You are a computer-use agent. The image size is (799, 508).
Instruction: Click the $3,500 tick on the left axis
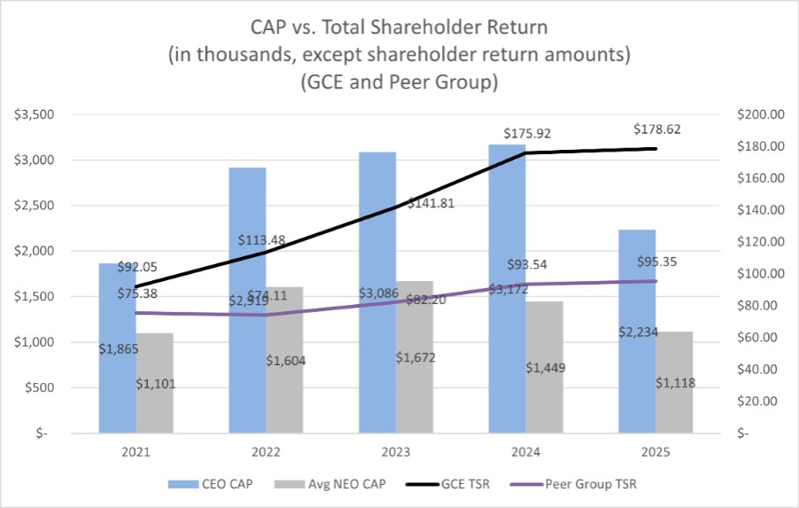click(36, 114)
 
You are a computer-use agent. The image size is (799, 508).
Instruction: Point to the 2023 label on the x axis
click(396, 451)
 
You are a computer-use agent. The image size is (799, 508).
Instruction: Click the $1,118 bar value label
click(675, 382)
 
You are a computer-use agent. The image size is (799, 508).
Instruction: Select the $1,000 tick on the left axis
click(36, 342)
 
